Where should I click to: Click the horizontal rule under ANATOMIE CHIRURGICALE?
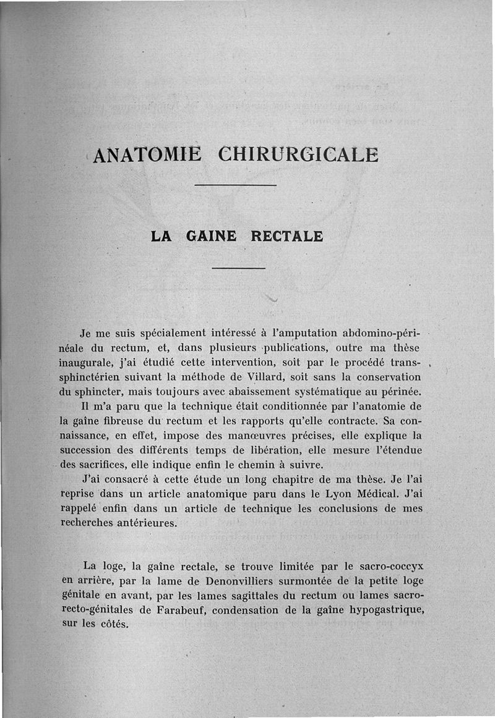(235, 185)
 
